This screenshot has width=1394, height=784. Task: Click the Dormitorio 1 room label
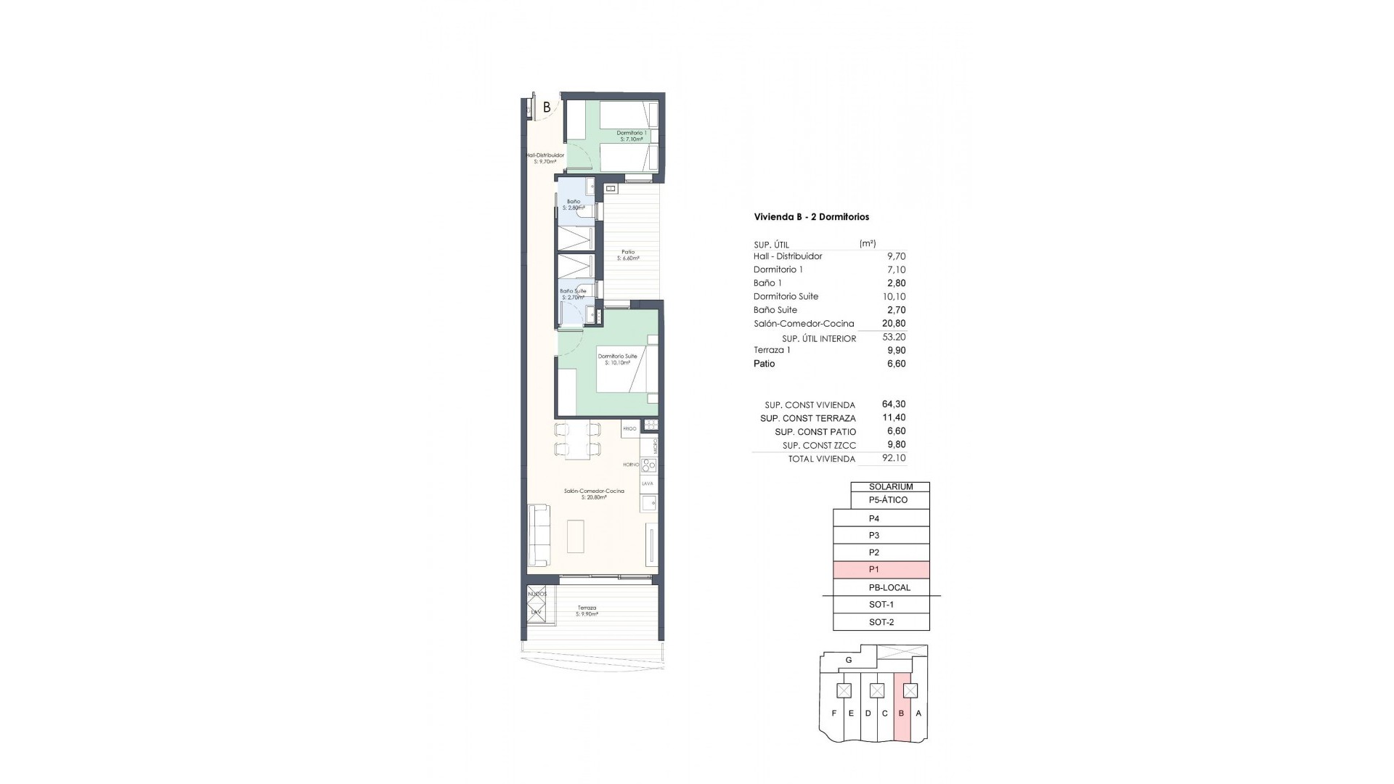[632, 136]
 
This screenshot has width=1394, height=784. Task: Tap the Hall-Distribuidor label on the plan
[545, 158]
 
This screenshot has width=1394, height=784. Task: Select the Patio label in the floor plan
[628, 255]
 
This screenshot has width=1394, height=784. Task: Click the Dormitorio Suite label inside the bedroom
[617, 359]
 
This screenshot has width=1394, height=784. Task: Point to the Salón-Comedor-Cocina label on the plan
[593, 494]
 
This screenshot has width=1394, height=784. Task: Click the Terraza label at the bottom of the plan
[587, 611]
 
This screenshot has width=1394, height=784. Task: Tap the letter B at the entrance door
[547, 107]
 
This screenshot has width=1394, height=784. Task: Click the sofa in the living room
[538, 536]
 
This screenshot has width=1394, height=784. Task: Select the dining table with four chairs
[578, 439]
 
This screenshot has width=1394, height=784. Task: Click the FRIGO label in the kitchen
[629, 429]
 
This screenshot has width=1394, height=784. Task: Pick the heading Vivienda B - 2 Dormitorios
[812, 217]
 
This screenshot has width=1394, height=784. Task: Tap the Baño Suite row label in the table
[775, 310]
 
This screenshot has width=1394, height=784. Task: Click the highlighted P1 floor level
[881, 570]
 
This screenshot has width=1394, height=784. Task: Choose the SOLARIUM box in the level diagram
[890, 487]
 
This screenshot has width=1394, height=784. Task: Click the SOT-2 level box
[881, 622]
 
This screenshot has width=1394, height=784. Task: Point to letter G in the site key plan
[848, 661]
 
